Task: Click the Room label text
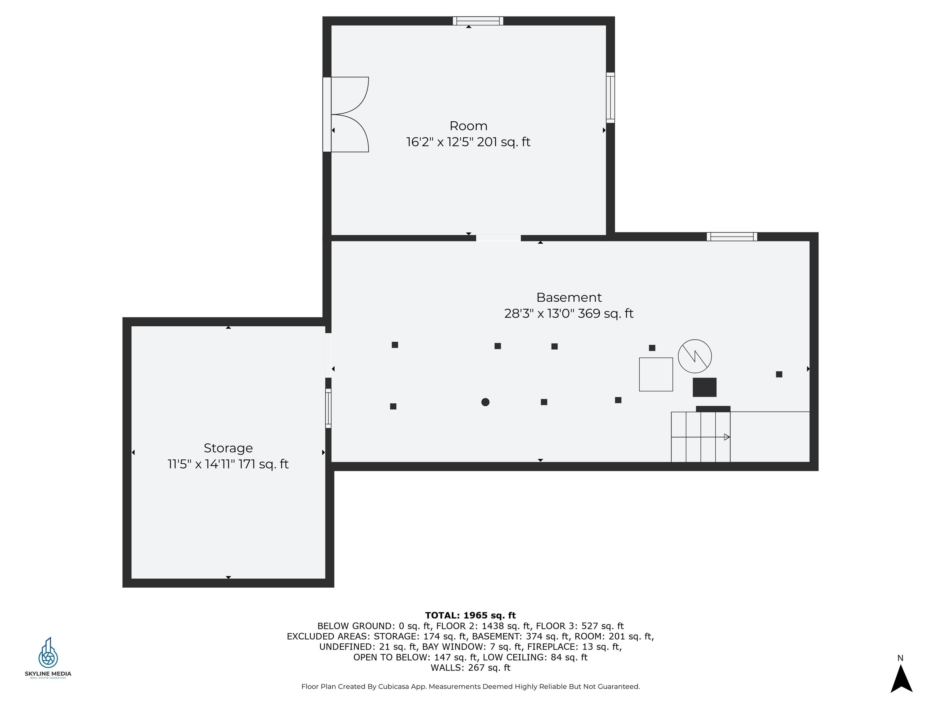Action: click(x=468, y=126)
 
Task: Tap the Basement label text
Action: click(x=569, y=297)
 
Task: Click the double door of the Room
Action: click(x=346, y=115)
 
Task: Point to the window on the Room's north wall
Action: click(x=478, y=21)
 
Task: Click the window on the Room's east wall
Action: click(x=610, y=97)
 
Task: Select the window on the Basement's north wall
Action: click(x=732, y=237)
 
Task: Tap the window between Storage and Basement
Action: click(x=328, y=408)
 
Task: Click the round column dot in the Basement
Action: click(x=486, y=402)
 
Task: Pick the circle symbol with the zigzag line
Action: click(x=695, y=356)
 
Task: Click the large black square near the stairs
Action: click(x=705, y=387)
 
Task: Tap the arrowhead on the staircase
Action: click(x=727, y=437)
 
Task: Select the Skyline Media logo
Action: click(x=48, y=658)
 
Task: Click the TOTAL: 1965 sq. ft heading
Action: click(x=470, y=615)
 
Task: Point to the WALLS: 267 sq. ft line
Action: click(x=470, y=668)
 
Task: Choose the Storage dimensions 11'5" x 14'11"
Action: click(x=201, y=464)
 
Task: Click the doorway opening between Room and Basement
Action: click(x=498, y=238)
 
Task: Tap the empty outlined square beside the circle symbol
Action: click(x=656, y=374)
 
